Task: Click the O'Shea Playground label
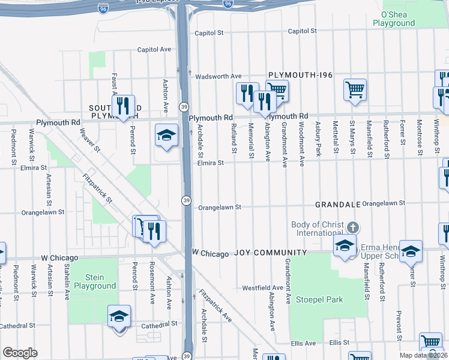pyautogui.click(x=394, y=19)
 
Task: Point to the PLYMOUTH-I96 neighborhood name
pyautogui.click(x=301, y=74)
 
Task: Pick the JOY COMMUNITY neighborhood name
pyautogui.click(x=271, y=253)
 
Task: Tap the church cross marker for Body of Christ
pyautogui.click(x=354, y=227)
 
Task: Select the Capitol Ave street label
pyautogui.click(x=154, y=50)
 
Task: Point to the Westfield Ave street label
pyautogui.click(x=262, y=288)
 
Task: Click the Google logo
pyautogui.click(x=20, y=353)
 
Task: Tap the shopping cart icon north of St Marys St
pyautogui.click(x=355, y=90)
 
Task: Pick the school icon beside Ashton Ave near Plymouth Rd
pyautogui.click(x=166, y=135)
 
